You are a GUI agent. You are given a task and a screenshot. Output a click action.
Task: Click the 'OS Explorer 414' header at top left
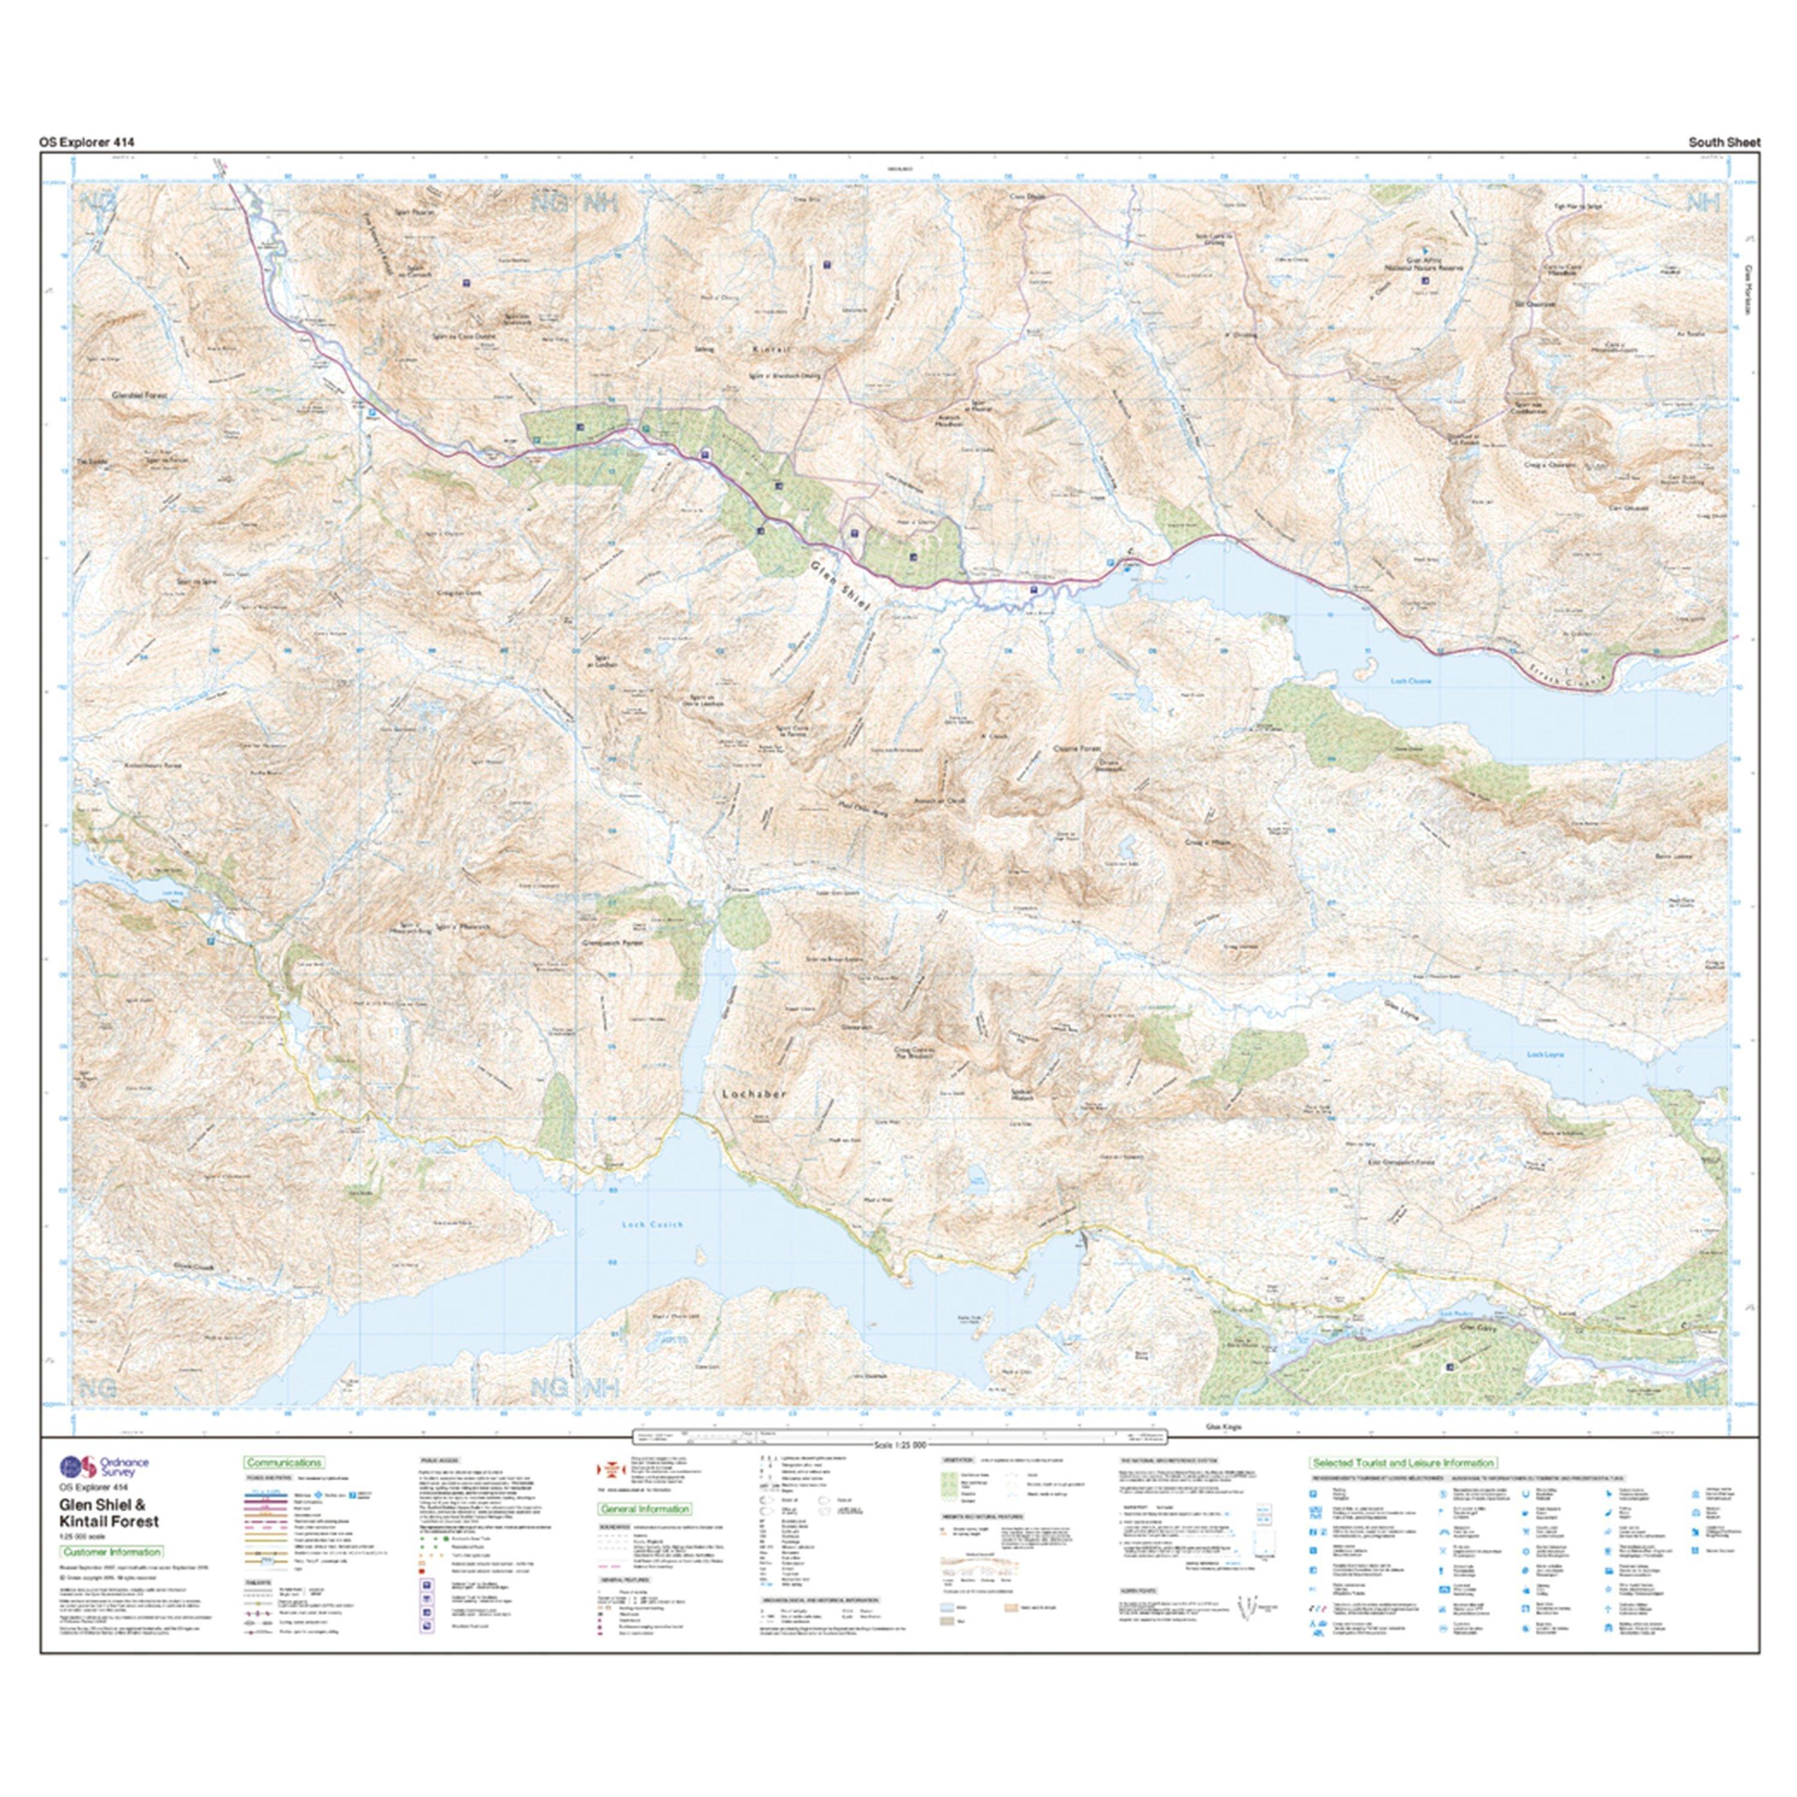click(x=86, y=143)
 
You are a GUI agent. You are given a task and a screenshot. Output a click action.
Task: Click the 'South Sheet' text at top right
click(x=1725, y=143)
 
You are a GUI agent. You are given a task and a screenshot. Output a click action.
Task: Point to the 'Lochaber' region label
click(x=754, y=1095)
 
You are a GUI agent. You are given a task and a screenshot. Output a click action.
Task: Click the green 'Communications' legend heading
click(x=284, y=1463)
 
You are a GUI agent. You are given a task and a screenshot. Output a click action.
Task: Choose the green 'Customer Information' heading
click(x=111, y=1551)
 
